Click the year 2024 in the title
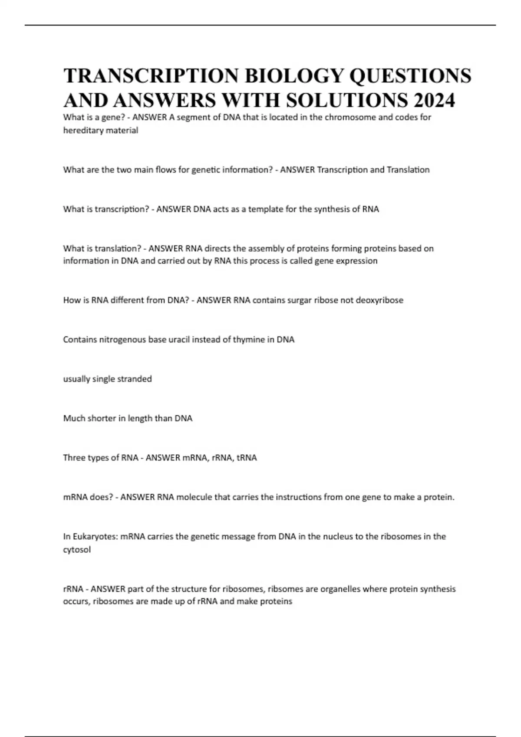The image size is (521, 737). pos(434,100)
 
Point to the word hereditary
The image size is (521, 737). pos(82,130)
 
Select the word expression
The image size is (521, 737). pos(355,261)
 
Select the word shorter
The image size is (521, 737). pos(102,418)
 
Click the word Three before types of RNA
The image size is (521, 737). pos(74,457)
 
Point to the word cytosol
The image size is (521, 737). pos(77,550)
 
